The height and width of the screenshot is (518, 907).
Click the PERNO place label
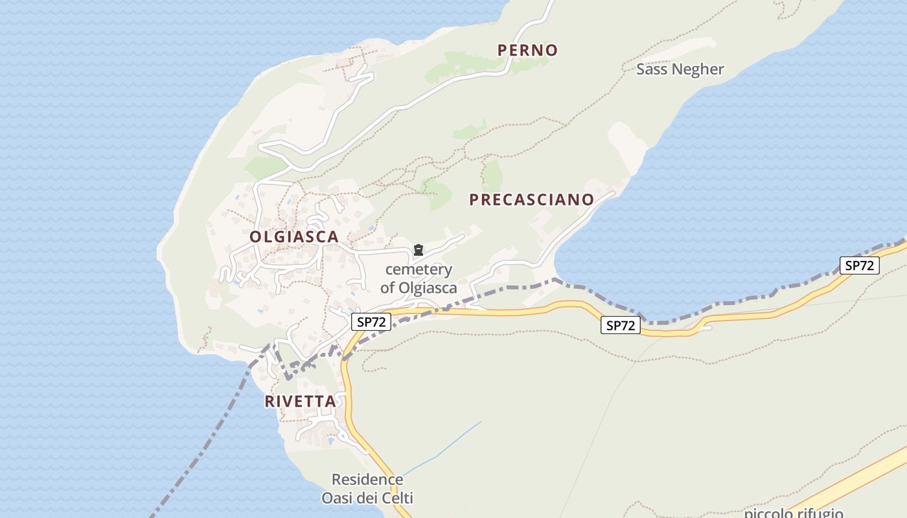tap(527, 50)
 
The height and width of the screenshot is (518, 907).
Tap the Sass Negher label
tap(680, 69)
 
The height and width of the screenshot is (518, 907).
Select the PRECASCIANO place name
tap(531, 199)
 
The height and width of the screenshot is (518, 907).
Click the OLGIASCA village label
tap(294, 237)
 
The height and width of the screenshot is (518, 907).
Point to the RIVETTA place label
tap(301, 401)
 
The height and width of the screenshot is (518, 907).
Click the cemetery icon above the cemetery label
tap(419, 250)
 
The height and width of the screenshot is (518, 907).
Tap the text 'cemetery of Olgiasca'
tap(419, 278)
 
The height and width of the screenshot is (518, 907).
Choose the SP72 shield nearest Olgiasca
tap(371, 322)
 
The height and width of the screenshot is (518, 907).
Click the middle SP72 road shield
tap(621, 325)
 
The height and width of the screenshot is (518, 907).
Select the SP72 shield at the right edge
tap(859, 265)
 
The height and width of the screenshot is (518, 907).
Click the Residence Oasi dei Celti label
tap(367, 489)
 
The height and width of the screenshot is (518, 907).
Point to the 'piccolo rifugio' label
tap(793, 513)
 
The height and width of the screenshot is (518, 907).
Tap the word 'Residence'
tap(367, 480)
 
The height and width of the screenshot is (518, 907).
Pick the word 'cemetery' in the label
tap(419, 269)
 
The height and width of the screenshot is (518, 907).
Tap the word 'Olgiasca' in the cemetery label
tap(428, 287)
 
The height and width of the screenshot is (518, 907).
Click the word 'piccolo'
tap(769, 513)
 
